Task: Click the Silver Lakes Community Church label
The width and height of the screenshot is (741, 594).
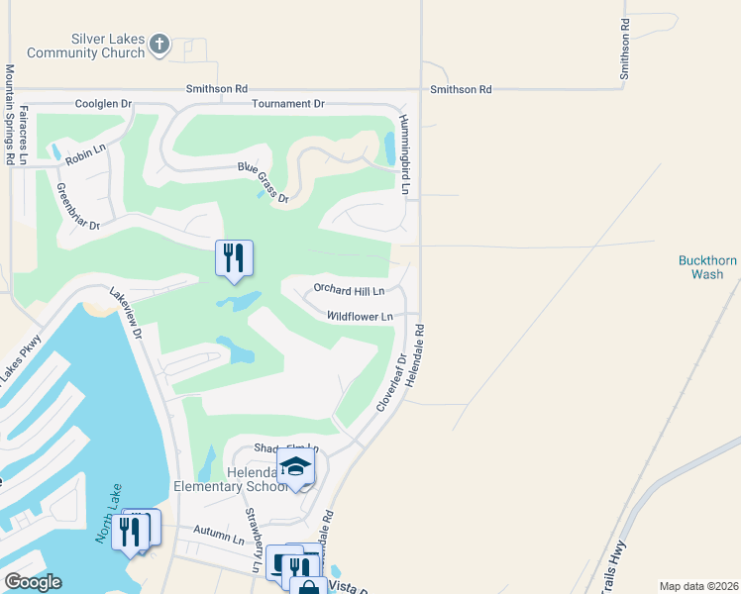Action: [86, 46]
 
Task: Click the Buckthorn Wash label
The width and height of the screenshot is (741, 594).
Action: [707, 267]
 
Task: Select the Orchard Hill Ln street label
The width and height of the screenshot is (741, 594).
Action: [349, 290]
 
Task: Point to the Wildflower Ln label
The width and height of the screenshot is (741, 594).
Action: [361, 317]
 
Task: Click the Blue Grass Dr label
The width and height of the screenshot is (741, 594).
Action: [263, 184]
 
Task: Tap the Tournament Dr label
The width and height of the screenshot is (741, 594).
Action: [288, 104]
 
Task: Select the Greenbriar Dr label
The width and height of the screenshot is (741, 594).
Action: [79, 207]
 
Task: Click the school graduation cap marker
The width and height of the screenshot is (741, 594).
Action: [295, 466]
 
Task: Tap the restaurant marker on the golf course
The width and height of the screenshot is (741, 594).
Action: [234, 257]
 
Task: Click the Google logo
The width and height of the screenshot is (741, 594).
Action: [33, 582]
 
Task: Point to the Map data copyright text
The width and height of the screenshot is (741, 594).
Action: [698, 586]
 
